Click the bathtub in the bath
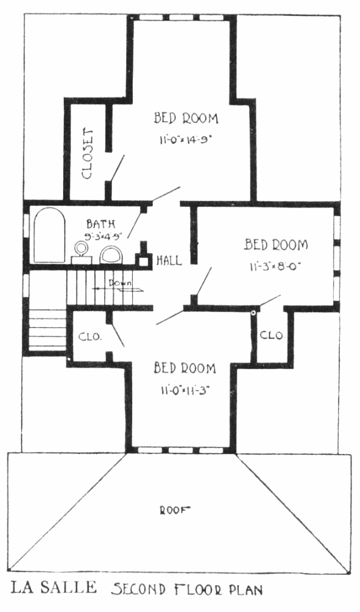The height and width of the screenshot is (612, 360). click(x=49, y=235)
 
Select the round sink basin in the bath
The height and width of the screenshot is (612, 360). click(x=81, y=248)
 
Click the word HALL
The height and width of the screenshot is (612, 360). click(x=169, y=260)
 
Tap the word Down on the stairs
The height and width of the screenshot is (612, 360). click(x=120, y=283)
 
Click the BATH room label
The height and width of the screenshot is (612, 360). click(x=101, y=224)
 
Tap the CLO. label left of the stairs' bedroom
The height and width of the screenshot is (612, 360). click(x=90, y=337)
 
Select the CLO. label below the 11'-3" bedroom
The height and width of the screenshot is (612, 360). click(x=272, y=335)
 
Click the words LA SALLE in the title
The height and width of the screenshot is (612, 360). click(x=53, y=587)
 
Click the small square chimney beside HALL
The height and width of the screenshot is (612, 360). click(x=143, y=260)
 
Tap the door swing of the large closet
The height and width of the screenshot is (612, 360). click(x=118, y=168)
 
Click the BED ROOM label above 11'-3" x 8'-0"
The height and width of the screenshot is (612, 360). click(x=276, y=245)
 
